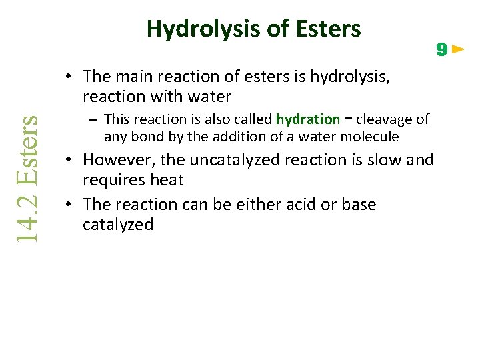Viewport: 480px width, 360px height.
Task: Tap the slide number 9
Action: point(441,49)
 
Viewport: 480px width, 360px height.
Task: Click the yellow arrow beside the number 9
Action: point(458,49)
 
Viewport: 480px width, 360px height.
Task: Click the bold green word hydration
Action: point(308,119)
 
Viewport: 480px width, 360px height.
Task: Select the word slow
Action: point(386,160)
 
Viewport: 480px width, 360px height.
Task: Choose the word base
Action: point(359,204)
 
